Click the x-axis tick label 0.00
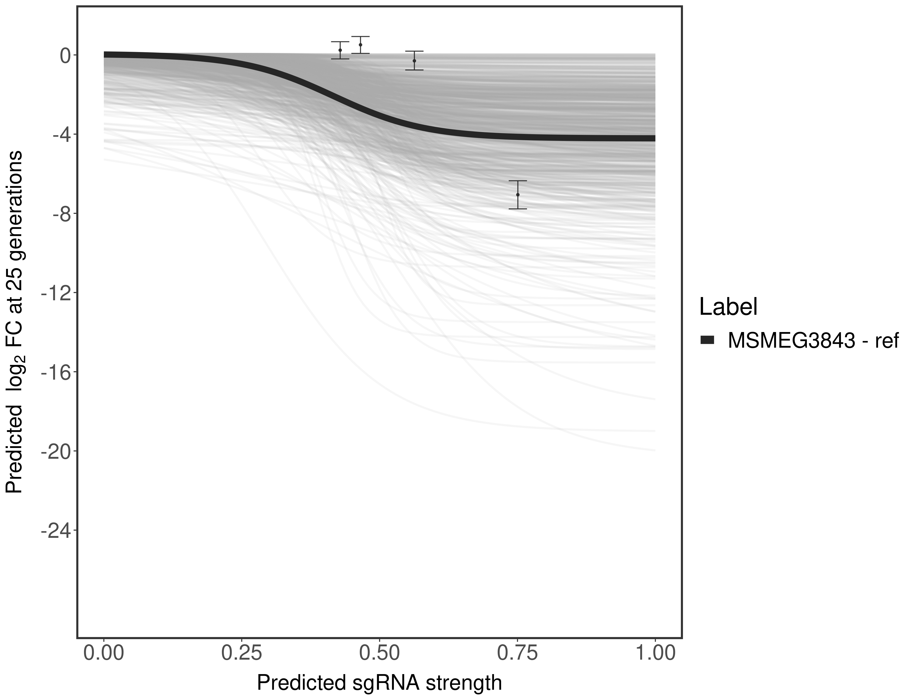tap(104, 653)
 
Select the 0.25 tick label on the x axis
tap(242, 653)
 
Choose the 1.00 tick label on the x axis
tap(655, 653)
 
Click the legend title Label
tap(728, 307)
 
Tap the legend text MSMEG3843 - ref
tap(812, 341)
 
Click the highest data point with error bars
tap(360, 45)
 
